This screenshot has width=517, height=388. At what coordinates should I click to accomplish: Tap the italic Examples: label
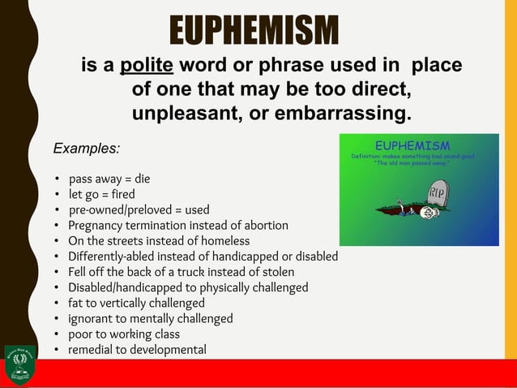pos(86,149)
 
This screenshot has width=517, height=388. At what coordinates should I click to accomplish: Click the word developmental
pos(165,350)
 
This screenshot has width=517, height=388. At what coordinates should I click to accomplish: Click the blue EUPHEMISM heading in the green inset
pos(418,145)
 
